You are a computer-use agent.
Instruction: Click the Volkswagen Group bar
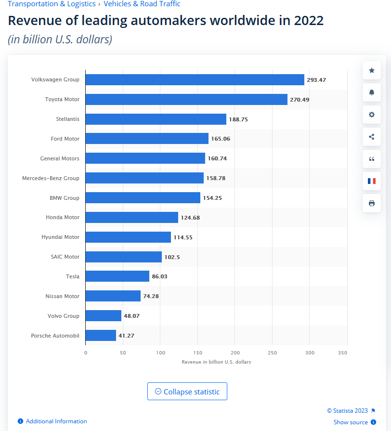195,79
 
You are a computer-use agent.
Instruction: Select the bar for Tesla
117,276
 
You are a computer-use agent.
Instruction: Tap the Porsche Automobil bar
101,336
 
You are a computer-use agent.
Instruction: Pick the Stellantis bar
156,119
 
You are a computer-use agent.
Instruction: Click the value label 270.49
300,100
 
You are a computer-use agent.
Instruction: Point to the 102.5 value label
172,257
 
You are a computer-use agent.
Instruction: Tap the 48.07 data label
131,316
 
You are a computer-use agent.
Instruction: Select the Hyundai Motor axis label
60,237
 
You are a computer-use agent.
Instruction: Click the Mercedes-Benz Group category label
51,178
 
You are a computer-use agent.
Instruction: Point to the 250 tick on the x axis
273,353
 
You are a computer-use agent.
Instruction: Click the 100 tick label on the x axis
160,353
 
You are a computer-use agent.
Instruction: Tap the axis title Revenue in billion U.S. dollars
216,362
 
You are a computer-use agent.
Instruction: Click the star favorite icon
371,70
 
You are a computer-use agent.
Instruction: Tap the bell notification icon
371,92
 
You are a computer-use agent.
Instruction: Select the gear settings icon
371,115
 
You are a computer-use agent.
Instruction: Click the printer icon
371,203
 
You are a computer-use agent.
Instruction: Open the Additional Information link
56,421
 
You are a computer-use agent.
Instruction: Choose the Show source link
351,422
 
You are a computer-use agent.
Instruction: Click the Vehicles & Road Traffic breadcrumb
142,4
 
